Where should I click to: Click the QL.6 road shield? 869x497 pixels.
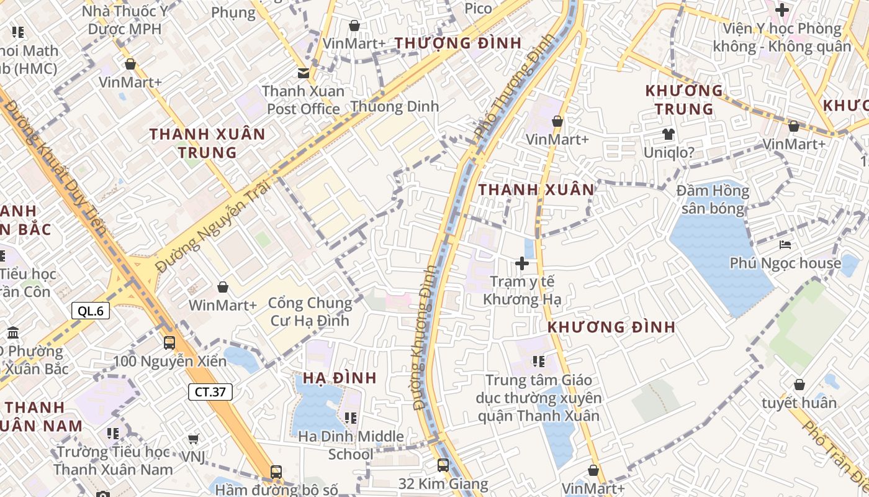(91, 311)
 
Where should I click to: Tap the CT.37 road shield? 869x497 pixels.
(210, 392)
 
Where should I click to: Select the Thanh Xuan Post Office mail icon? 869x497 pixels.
(303, 73)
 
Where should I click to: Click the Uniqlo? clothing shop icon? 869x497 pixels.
(668, 134)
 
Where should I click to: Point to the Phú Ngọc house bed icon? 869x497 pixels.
(785, 245)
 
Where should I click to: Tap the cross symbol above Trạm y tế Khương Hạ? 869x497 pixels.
(522, 263)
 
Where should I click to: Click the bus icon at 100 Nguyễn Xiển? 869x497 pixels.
(169, 342)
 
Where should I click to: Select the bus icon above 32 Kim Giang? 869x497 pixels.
(443, 465)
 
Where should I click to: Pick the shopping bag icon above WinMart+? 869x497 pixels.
(222, 287)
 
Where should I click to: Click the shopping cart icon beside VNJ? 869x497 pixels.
(194, 439)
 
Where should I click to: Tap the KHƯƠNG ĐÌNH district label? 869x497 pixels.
(611, 327)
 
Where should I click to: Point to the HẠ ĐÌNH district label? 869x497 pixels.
(340, 378)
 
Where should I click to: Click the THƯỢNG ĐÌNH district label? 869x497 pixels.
(458, 43)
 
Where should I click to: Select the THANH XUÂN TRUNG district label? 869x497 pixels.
(207, 143)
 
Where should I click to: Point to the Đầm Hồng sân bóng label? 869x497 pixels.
(713, 199)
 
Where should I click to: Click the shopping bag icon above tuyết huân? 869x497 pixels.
(799, 385)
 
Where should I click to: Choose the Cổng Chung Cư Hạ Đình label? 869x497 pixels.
(310, 312)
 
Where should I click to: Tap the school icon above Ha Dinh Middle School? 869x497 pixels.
(351, 418)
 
